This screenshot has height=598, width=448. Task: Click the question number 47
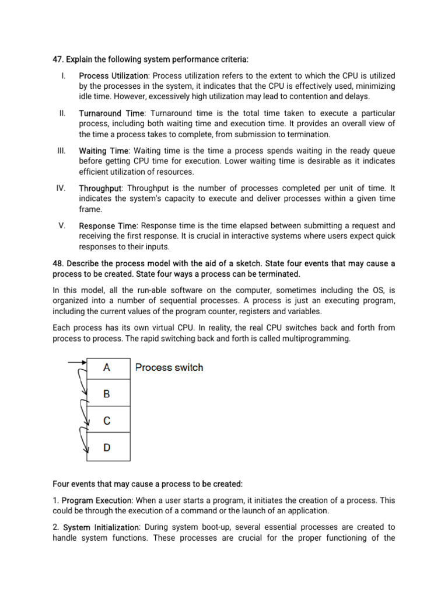click(58, 60)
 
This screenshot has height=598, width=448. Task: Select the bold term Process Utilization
click(114, 76)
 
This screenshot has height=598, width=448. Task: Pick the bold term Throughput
click(100, 188)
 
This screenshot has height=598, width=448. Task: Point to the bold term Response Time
click(108, 225)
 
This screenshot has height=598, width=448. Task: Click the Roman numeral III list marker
click(61, 151)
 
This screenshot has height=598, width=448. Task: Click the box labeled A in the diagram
click(108, 368)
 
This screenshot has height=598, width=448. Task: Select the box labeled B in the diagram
click(108, 394)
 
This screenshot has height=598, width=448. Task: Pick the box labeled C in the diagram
click(108, 420)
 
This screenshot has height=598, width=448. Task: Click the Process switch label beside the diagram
click(169, 367)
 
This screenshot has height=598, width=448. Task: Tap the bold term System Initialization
click(101, 527)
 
